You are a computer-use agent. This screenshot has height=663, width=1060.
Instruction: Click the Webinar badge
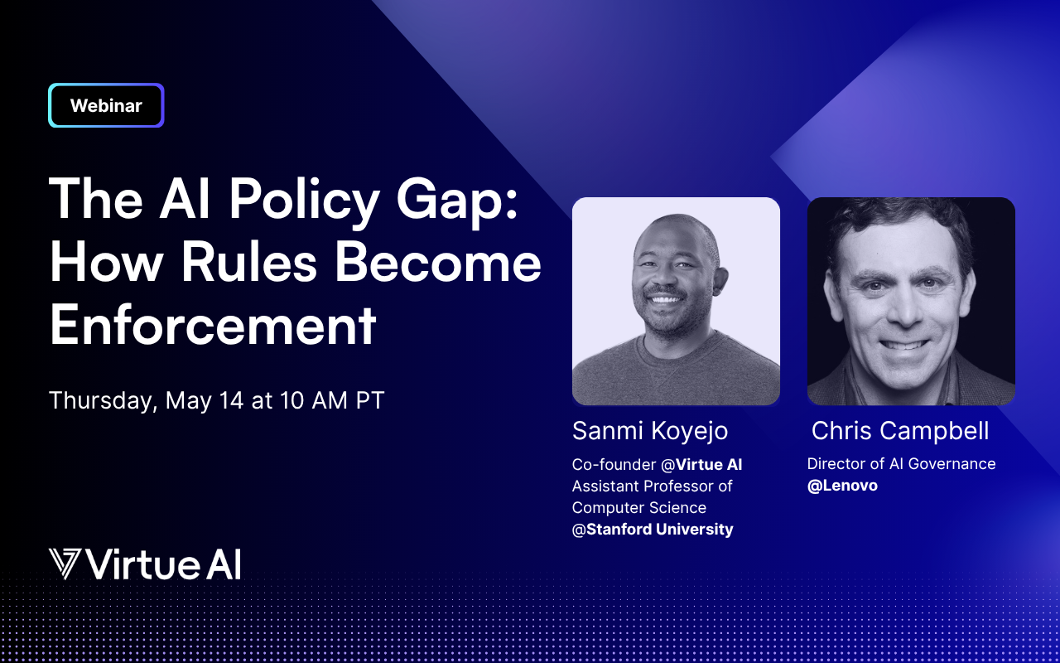click(106, 105)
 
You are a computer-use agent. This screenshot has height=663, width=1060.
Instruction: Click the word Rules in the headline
click(249, 262)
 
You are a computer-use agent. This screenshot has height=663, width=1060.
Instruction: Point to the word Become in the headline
click(438, 262)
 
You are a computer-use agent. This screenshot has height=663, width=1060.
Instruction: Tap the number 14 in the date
click(231, 400)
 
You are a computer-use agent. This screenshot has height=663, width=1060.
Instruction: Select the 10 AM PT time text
click(332, 400)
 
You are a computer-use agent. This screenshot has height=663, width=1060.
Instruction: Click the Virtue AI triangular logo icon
click(65, 564)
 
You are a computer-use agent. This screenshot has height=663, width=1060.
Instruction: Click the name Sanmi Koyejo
click(650, 431)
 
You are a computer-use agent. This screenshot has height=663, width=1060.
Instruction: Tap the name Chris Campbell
click(900, 430)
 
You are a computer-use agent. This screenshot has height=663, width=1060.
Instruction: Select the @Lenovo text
click(842, 486)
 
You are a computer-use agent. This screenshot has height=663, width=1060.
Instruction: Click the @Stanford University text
click(653, 529)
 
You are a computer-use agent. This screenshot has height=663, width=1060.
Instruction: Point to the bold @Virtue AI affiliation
click(701, 465)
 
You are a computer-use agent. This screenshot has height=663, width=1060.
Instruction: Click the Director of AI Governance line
click(902, 463)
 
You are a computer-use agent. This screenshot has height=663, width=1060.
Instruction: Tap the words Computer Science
click(638, 508)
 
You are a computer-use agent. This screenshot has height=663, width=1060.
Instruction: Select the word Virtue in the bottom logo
click(142, 564)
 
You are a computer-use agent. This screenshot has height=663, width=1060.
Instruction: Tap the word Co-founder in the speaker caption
click(614, 465)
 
